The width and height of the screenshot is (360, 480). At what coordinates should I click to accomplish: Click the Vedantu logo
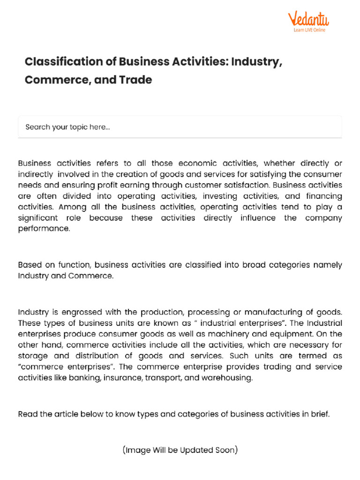308,19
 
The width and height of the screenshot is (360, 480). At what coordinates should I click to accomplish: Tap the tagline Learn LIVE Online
309,30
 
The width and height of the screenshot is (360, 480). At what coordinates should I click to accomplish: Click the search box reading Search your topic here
180,127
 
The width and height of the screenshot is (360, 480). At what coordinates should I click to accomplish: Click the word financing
321,196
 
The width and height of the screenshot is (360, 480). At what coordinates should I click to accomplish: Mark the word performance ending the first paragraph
43,229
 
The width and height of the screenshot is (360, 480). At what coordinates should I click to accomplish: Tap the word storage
32,356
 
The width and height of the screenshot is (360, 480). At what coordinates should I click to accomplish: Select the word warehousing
227,378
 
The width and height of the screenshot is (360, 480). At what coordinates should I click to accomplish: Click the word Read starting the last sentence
27,414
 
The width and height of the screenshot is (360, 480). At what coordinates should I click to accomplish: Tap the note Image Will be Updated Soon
180,450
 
